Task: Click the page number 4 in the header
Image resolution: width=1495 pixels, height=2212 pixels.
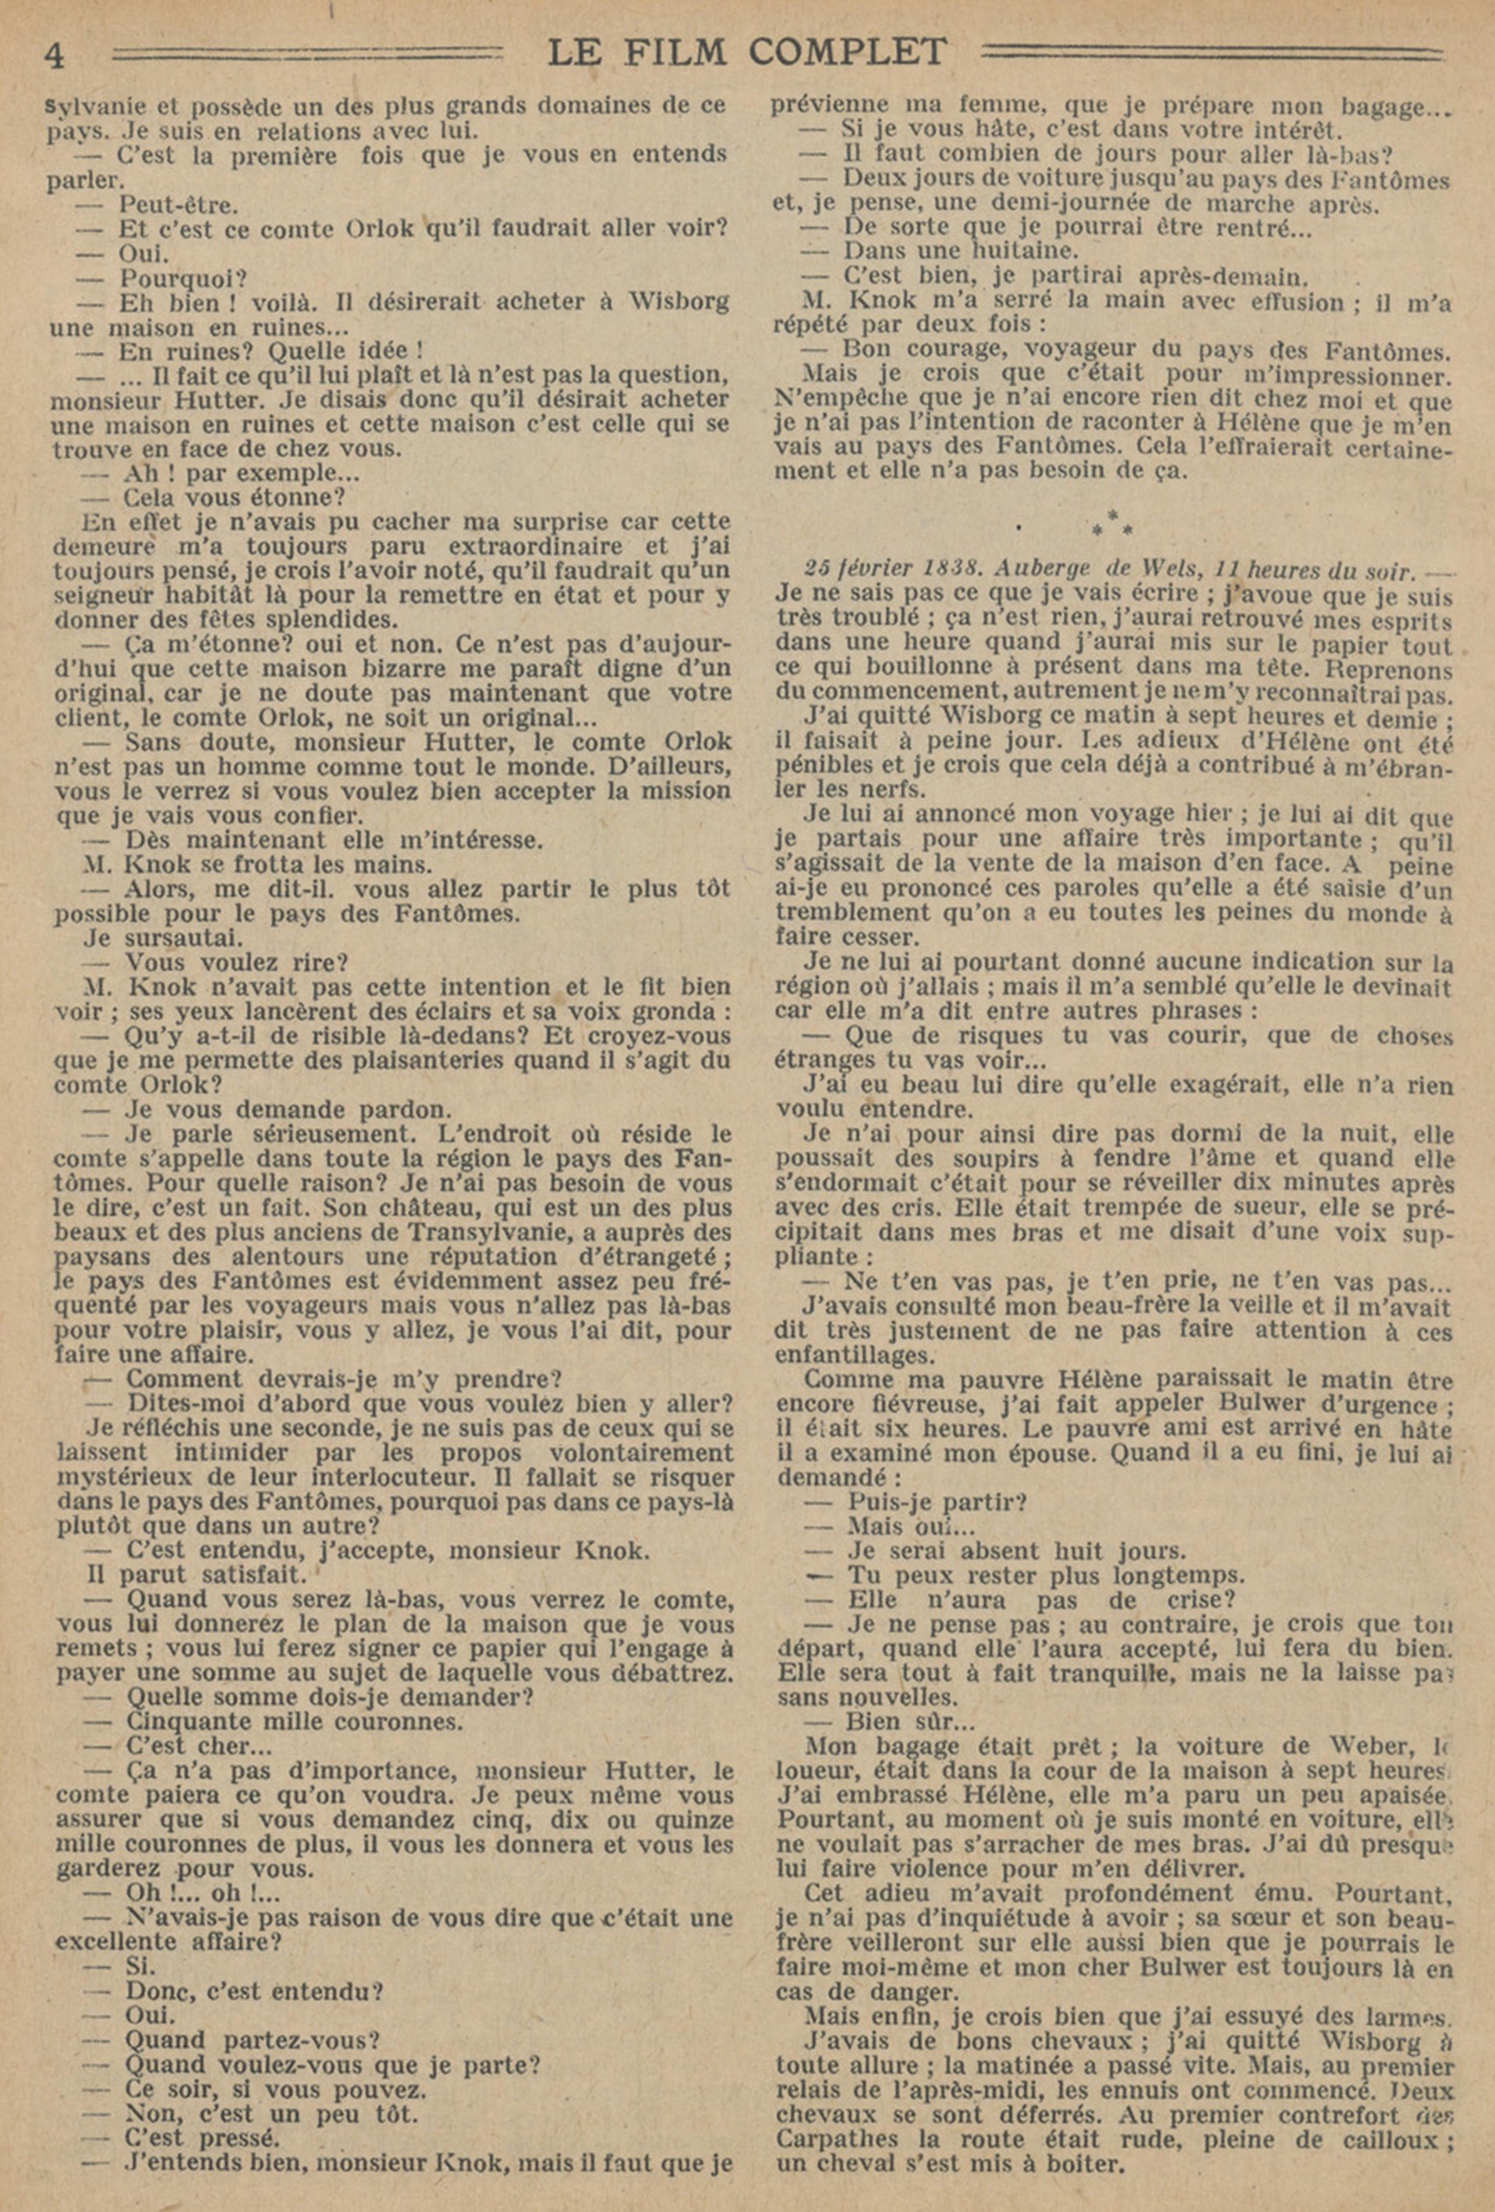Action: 55,55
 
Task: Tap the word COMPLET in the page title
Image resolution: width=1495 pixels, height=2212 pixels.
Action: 847,51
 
